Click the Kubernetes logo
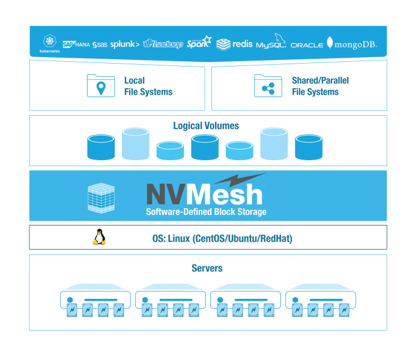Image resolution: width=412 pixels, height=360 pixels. coord(50,43)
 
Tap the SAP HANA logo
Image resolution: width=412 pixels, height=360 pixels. coord(76,44)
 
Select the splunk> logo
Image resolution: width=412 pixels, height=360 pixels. coord(125,44)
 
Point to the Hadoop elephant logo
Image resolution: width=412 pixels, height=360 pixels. coord(163,44)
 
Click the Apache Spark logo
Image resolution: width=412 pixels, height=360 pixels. coord(199,42)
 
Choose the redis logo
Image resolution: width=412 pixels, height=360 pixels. coord(234,44)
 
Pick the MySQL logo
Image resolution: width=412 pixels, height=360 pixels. coord(271,41)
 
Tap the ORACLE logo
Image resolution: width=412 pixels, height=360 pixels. coord(307,45)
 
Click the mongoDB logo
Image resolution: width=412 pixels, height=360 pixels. coord(352,43)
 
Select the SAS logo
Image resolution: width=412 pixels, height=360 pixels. coord(100,44)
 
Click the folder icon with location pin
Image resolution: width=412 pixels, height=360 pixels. coord(101,86)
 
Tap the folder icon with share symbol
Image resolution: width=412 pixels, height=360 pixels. coord(268,86)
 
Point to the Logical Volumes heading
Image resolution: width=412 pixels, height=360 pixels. coord(206,126)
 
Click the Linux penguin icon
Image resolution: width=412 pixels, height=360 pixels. coord(99,237)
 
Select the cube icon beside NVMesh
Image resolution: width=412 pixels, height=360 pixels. coord(101,198)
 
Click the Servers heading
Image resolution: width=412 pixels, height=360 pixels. coord(207,268)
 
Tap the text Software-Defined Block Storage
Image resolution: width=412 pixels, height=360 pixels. coord(206,212)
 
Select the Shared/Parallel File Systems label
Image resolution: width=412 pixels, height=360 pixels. coord(320,86)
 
